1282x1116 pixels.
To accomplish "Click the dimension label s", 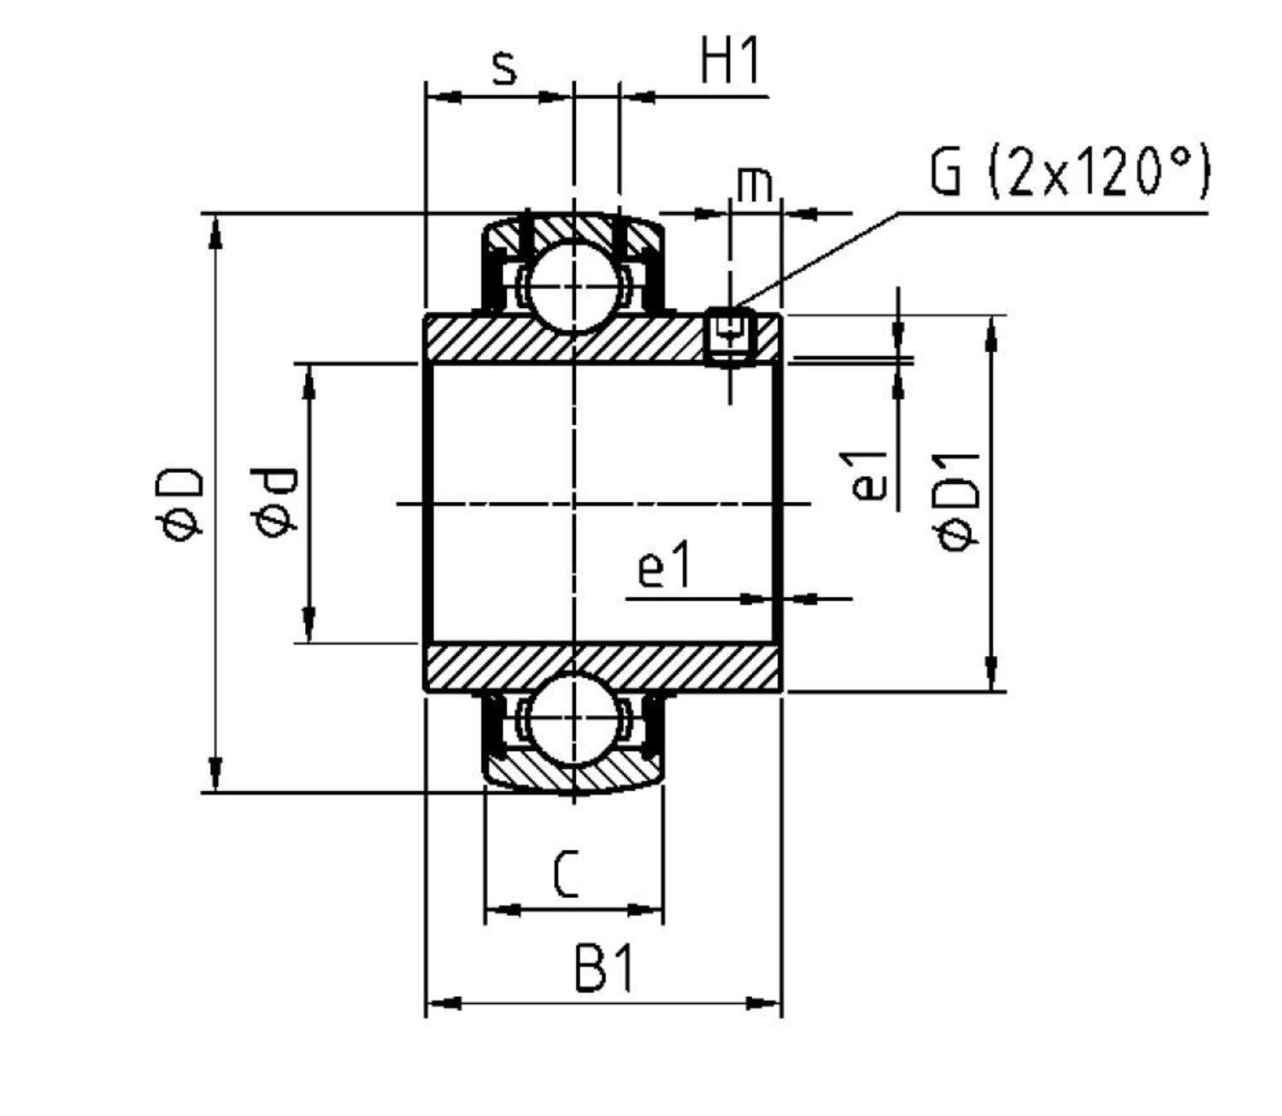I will point(505,68).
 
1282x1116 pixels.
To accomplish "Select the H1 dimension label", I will point(730,62).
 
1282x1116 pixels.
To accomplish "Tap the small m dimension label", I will point(754,185).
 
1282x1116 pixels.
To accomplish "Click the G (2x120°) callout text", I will point(1069,172).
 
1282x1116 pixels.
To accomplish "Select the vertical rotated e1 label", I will point(868,476).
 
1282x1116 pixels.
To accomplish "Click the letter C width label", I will point(566,874).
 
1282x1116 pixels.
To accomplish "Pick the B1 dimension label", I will point(604,970).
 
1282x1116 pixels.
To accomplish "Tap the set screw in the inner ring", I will point(729,336).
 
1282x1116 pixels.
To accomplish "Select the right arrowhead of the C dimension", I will point(646,909).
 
